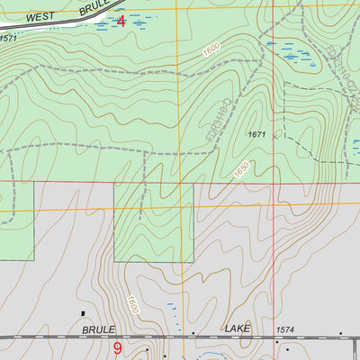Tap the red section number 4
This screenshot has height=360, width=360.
pos(121,20)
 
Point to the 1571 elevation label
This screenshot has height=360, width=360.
pos(9,39)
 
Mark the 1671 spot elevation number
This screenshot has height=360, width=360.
pos(257,133)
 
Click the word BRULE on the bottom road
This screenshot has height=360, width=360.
pos(100,330)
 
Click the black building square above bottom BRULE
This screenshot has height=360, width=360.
pos(83,314)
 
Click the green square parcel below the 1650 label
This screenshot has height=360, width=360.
pos(153,220)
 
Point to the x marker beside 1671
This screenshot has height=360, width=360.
pos(277,134)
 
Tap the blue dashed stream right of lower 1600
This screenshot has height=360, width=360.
pos(174,310)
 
